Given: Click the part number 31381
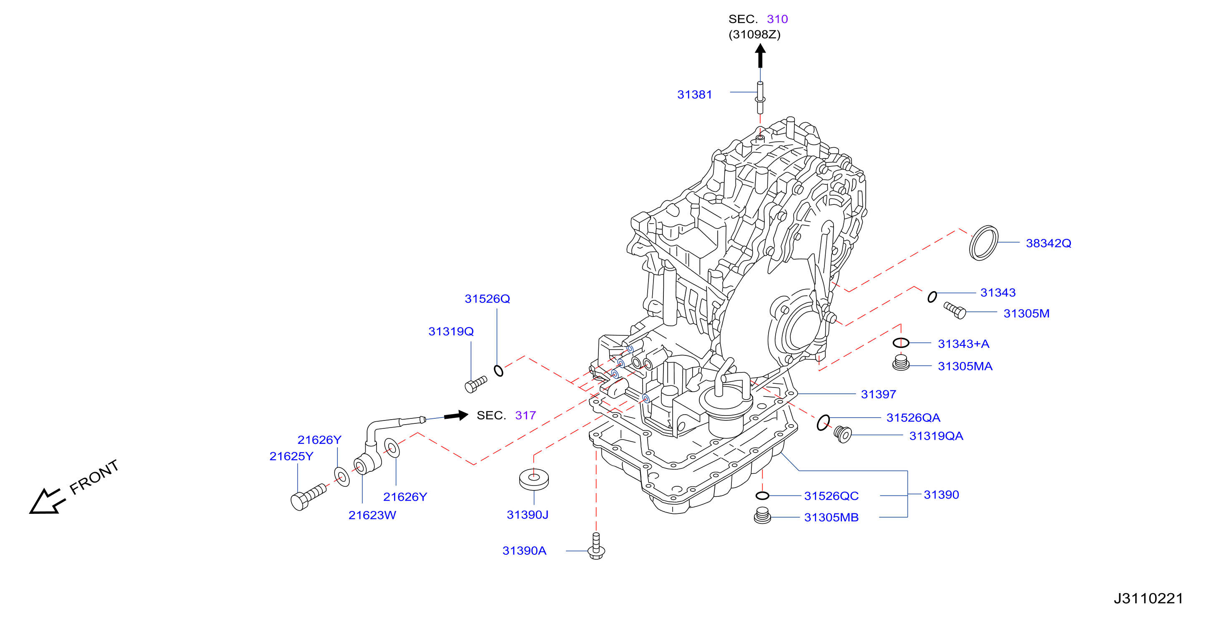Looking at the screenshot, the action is pyautogui.click(x=694, y=95).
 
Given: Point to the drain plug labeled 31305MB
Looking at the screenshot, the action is pyautogui.click(x=763, y=515).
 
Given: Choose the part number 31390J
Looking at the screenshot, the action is pyautogui.click(x=528, y=515).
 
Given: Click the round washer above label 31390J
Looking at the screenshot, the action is pyautogui.click(x=534, y=479).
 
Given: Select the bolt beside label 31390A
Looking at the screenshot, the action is pyautogui.click(x=596, y=546).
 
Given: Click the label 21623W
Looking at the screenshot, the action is pyautogui.click(x=372, y=515).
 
